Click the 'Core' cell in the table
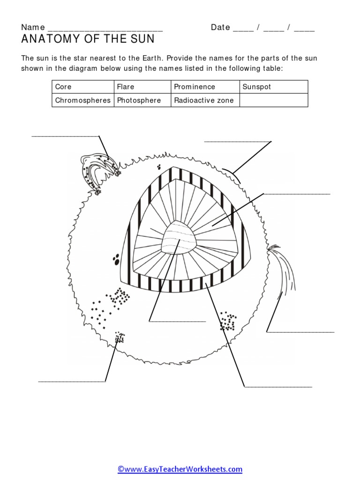coord(82,87)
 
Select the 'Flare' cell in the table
coord(142,87)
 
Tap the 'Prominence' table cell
coord(205,87)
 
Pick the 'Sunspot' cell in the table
coord(273,87)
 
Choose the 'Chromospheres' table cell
coord(82,100)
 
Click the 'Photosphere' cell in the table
coord(142,100)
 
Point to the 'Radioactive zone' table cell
coord(205,100)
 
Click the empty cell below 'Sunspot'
coord(273,100)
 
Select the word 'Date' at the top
coord(220,27)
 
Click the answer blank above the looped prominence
coord(65,136)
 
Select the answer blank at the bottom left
coord(72,381)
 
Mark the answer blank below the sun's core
coord(178,321)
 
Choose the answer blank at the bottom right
coord(278,387)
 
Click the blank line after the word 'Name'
coord(105,28)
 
